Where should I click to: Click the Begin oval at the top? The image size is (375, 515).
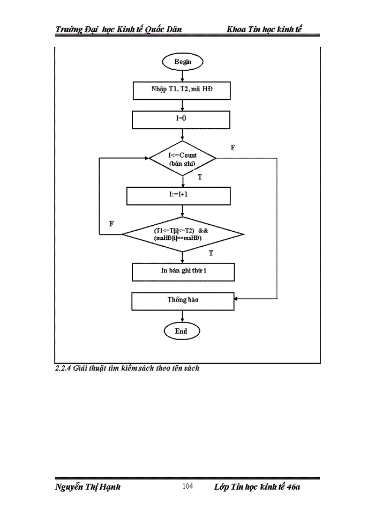(182, 62)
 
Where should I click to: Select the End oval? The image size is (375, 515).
(182, 331)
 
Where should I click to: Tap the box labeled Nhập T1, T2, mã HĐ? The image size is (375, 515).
(181, 91)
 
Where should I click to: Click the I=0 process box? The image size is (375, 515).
(181, 119)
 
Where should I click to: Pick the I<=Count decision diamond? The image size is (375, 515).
(182, 158)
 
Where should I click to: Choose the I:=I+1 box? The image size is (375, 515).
(178, 196)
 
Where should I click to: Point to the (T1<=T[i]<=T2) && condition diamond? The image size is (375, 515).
(182, 234)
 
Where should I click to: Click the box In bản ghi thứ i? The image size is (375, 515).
(183, 271)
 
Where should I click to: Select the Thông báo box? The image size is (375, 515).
(183, 300)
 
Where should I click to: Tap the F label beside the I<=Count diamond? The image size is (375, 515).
(232, 148)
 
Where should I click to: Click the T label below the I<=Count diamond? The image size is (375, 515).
(200, 176)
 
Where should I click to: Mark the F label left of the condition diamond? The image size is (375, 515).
(111, 224)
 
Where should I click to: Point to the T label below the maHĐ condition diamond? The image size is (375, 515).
(211, 253)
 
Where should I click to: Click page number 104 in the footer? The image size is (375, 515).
(187, 487)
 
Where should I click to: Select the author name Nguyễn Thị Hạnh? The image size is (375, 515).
(88, 487)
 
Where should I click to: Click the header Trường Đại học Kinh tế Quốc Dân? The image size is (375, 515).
(118, 29)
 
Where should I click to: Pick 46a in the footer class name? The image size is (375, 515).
(294, 487)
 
